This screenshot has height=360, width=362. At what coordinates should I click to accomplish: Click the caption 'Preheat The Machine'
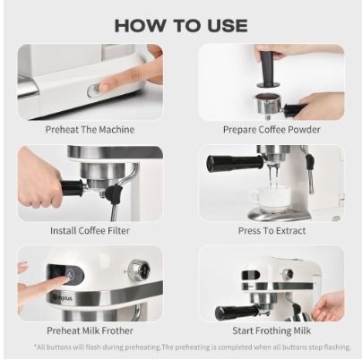click(x=90, y=130)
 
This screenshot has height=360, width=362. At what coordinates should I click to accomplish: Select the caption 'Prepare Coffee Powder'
click(x=271, y=130)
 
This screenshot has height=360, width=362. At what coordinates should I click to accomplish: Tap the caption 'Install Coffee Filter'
click(x=90, y=231)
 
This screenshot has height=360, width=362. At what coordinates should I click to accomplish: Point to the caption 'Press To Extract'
click(x=271, y=231)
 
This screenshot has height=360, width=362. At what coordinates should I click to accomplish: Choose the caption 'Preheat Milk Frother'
click(x=90, y=331)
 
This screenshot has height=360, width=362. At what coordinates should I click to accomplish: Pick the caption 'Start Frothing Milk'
click(x=271, y=331)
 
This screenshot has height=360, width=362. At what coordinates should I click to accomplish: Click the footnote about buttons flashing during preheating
click(x=180, y=347)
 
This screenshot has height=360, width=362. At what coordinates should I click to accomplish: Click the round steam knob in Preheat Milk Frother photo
click(x=137, y=267)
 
